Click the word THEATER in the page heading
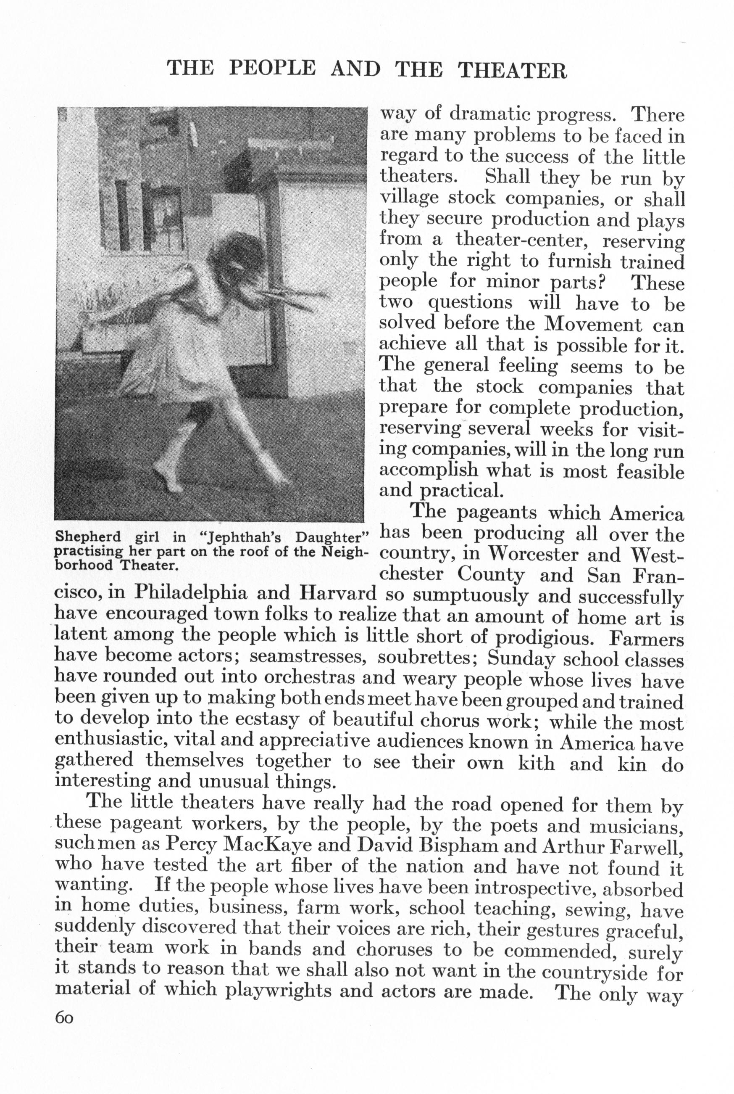(x=512, y=70)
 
